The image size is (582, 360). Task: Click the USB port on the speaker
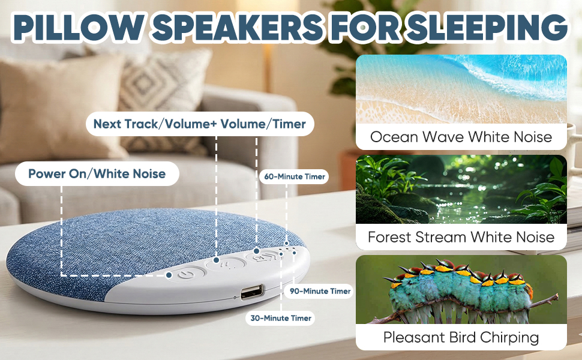pyautogui.click(x=252, y=292)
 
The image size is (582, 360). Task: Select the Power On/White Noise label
pyautogui.click(x=97, y=173)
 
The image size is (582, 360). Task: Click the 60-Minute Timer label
pyautogui.click(x=295, y=176)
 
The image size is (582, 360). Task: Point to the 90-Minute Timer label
pyautogui.click(x=320, y=292)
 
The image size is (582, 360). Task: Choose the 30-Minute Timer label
pyautogui.click(x=281, y=318)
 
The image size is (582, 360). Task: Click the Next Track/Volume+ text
pyautogui.click(x=155, y=124)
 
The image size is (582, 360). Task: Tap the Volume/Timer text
pyautogui.click(x=263, y=124)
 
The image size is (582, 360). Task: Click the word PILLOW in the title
pyautogui.click(x=77, y=28)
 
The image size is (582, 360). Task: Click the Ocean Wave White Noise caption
pyautogui.click(x=461, y=137)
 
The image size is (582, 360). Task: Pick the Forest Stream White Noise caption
pyautogui.click(x=461, y=237)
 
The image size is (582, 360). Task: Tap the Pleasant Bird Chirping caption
pyautogui.click(x=461, y=338)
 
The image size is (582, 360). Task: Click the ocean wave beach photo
pyautogui.click(x=461, y=89)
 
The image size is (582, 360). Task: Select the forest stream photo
pyautogui.click(x=461, y=189)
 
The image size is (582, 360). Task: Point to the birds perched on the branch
pyautogui.click(x=459, y=289)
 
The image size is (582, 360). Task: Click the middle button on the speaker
pyautogui.click(x=224, y=264)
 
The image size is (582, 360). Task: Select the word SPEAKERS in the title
pyautogui.click(x=238, y=28)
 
